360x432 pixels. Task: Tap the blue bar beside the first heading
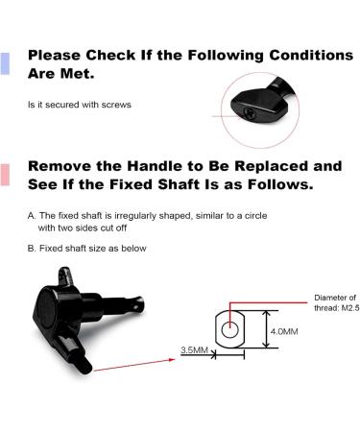click(x=6, y=63)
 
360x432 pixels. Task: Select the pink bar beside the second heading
click(x=6, y=175)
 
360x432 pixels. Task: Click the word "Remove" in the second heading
click(x=61, y=165)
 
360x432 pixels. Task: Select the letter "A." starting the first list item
click(x=33, y=216)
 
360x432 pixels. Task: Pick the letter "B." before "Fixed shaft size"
click(x=33, y=249)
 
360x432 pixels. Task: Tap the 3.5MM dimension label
click(x=194, y=350)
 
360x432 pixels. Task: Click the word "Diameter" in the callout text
click(x=327, y=298)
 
